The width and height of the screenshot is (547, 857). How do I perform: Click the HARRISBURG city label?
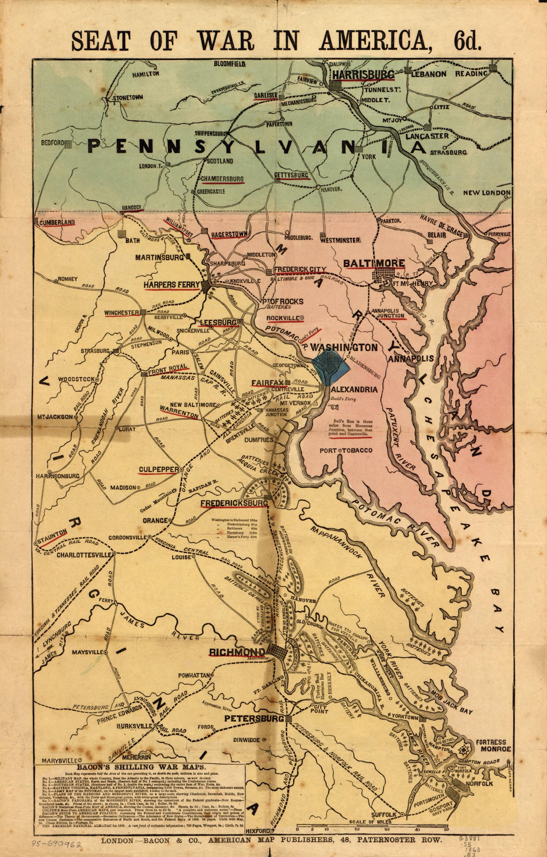click(x=363, y=74)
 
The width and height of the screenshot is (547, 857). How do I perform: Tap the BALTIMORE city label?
click(x=374, y=263)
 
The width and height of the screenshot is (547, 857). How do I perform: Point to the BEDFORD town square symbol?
click(x=68, y=143)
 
